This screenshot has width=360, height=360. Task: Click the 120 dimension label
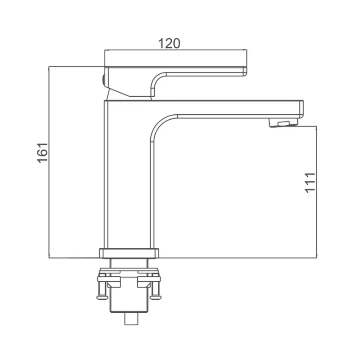coord(169,43)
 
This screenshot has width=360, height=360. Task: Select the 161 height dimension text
coord(43,153)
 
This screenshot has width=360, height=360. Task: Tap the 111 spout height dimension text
coord(310,183)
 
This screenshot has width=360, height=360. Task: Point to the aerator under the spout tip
coord(284,122)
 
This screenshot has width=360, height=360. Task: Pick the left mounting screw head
coord(103,297)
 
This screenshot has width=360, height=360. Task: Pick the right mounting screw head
coord(156,297)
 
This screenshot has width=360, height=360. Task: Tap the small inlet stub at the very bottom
coord(131,319)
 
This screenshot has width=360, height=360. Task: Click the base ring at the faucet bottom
coord(129,253)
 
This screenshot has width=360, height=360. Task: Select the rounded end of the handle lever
coord(245,71)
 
